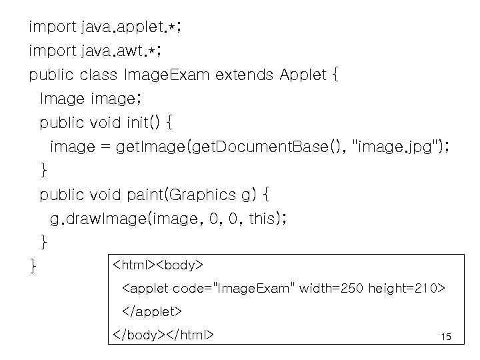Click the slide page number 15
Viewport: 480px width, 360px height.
point(446,337)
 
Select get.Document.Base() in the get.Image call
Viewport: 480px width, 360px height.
point(276,147)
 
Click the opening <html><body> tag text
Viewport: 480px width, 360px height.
point(157,265)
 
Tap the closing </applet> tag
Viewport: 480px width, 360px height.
point(151,311)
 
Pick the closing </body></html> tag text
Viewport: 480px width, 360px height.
point(163,334)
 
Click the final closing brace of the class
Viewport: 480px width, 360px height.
point(33,267)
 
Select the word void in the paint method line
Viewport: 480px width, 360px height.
point(104,195)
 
